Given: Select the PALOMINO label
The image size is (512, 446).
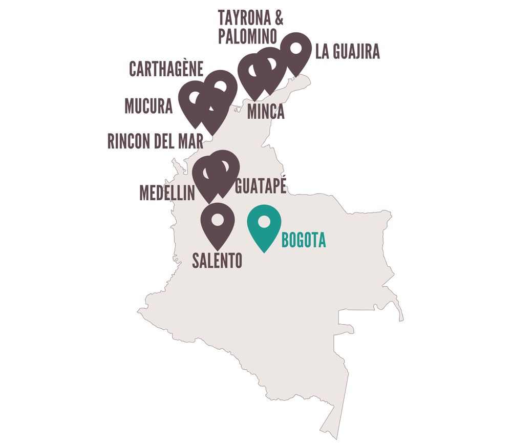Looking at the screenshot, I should click(247, 36).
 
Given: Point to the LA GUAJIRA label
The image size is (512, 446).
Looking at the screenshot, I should click(348, 52).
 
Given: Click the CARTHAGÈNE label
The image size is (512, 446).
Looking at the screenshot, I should click(166, 69).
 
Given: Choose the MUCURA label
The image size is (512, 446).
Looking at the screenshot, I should click(148, 106).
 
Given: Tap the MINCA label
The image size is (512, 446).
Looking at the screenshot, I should click(266, 111).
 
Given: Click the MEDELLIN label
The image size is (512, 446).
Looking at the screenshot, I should click(167, 193).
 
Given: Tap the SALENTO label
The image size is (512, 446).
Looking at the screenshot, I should click(217, 261).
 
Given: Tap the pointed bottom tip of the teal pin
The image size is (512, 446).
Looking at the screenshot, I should click(264, 252).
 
